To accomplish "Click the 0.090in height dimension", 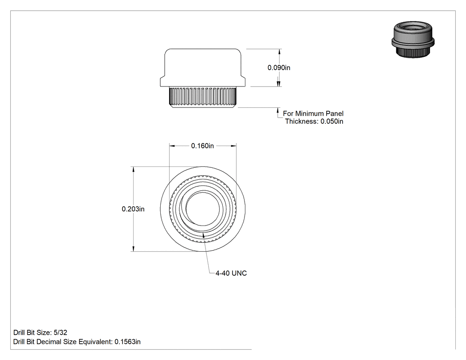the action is click(x=279, y=68).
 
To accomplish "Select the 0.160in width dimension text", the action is click(x=202, y=146).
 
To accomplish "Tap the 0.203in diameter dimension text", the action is click(x=133, y=209).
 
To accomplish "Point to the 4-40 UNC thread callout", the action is click(x=231, y=273).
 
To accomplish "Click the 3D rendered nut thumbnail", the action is click(x=413, y=39).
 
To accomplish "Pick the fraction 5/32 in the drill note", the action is click(x=61, y=332).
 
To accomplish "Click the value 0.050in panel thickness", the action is click(x=332, y=121).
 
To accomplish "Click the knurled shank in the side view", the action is click(x=203, y=97).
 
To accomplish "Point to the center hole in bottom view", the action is click(x=203, y=209).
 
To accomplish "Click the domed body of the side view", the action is click(x=203, y=68).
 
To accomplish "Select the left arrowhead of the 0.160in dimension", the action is click(x=172, y=146).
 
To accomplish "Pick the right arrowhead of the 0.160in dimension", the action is click(x=233, y=146).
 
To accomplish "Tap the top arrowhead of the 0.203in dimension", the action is click(x=134, y=170).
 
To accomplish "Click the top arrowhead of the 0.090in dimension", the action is click(x=279, y=52).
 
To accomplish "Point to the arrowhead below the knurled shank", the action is click(x=278, y=110).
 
